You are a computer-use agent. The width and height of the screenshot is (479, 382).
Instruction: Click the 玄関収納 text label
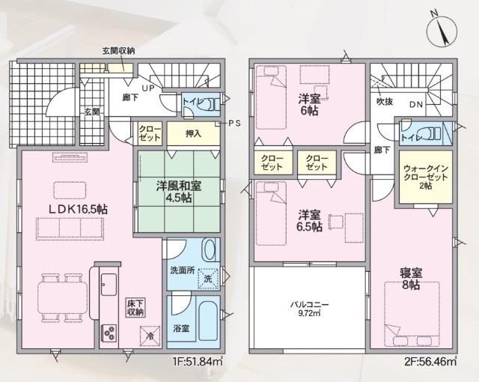(118, 51)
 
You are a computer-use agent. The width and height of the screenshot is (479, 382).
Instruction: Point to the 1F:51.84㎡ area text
(198, 362)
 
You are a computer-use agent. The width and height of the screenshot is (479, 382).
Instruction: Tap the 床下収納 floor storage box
(135, 307)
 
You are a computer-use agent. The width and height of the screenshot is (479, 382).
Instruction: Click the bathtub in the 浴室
(204, 318)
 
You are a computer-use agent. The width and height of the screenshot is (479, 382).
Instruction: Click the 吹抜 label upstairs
(385, 102)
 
